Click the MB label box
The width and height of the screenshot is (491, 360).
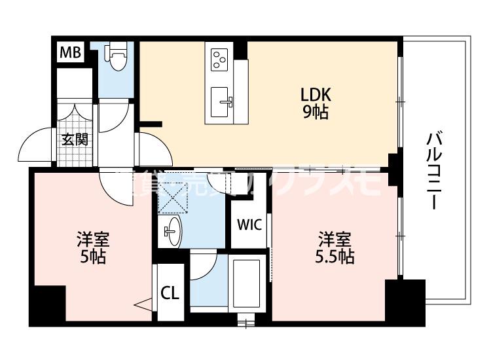click(x=71, y=52)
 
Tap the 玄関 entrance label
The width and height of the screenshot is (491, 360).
click(x=75, y=139)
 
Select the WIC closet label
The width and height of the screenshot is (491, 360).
click(x=249, y=226)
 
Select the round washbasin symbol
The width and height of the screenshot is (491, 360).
click(x=172, y=230)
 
